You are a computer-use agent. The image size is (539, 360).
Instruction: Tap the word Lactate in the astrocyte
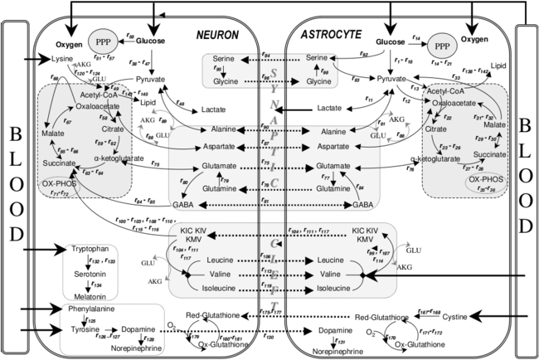coord(329,108)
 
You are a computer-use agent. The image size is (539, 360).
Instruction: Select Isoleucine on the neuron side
coord(224,288)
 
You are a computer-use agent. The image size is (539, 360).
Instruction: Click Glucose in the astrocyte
coord(390,41)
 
